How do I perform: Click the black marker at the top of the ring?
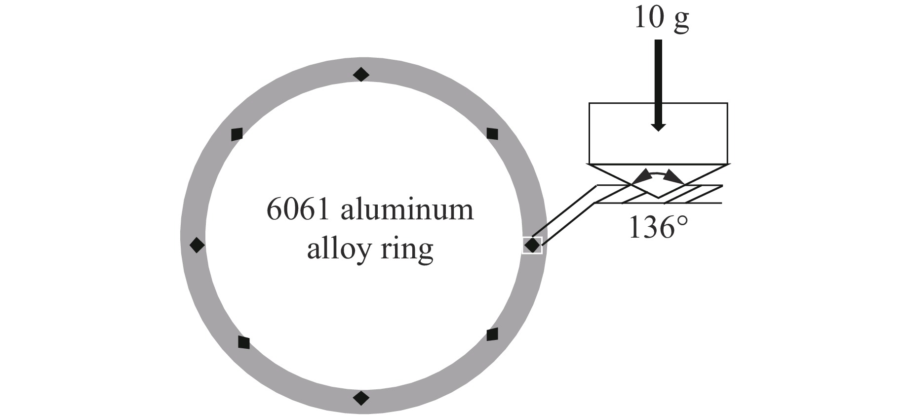[x=361, y=75]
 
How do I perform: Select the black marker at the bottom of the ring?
[x=361, y=397]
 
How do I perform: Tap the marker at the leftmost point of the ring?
[x=197, y=245]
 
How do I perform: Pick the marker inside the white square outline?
[x=532, y=245]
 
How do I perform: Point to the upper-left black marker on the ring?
[x=237, y=134]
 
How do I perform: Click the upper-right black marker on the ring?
[x=492, y=133]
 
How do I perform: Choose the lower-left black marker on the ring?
[x=244, y=342]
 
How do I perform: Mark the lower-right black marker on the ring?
[x=492, y=334]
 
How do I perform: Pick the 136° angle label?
[x=658, y=228]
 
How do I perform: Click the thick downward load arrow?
[x=658, y=84]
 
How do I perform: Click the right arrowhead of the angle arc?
[x=674, y=176]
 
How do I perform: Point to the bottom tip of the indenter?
[x=658, y=197]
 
